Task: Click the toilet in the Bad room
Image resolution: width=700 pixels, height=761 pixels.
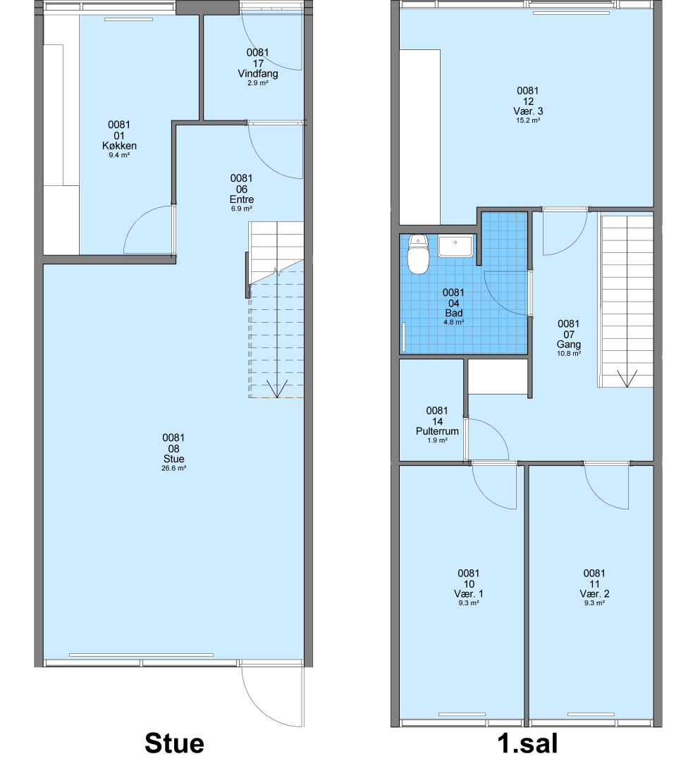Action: [x=418, y=254]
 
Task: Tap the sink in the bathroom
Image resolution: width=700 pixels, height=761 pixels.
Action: [x=455, y=246]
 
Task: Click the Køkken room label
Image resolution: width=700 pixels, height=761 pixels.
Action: [x=119, y=146]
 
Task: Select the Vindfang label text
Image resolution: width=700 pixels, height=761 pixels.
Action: [x=258, y=74]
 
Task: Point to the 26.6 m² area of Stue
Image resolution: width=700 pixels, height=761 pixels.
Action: [x=174, y=469]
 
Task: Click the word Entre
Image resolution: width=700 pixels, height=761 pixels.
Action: [x=242, y=199]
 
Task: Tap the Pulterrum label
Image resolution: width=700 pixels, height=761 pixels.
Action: [x=437, y=431]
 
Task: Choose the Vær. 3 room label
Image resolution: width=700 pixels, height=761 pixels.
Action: [x=528, y=111]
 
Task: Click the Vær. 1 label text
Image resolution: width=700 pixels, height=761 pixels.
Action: [x=469, y=593]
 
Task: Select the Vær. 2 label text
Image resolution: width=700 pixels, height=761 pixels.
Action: [x=594, y=593]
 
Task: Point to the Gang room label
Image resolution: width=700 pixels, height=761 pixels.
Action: [x=569, y=345]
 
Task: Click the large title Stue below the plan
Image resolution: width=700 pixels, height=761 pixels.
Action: [x=174, y=743]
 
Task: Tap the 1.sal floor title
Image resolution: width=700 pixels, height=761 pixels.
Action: [x=528, y=743]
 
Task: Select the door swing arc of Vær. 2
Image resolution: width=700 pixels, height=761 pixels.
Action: [x=600, y=497]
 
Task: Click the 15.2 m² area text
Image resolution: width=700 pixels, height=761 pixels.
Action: [x=528, y=120]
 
